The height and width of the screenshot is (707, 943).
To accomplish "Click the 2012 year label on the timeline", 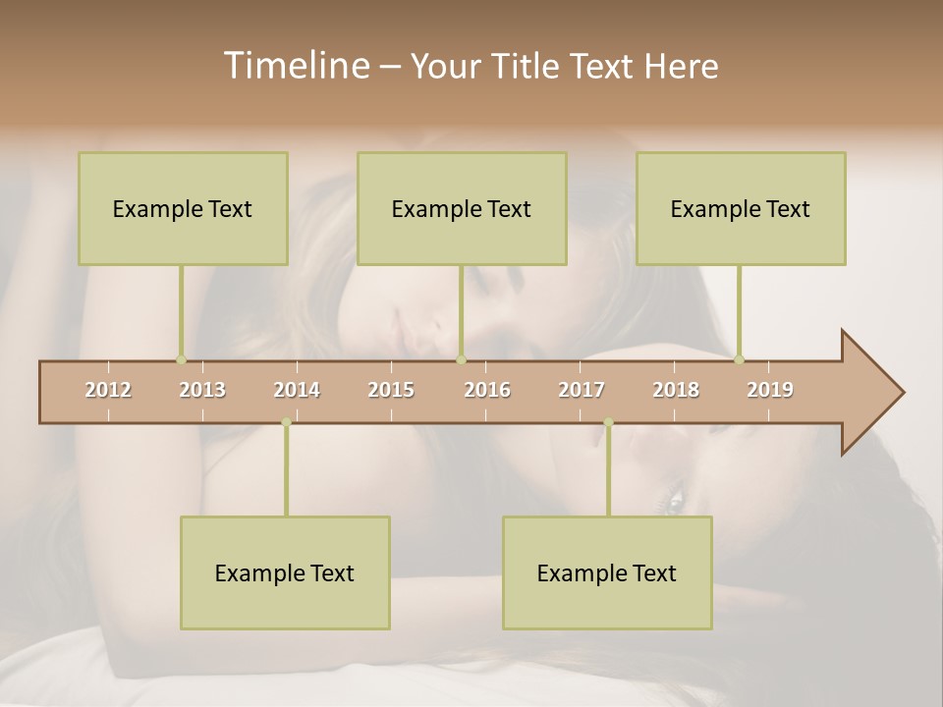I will tap(108, 390).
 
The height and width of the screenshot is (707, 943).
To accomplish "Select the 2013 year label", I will tap(202, 390).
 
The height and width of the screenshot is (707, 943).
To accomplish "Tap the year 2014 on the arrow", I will tap(297, 390).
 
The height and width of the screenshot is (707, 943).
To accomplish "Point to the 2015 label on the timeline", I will tap(391, 390).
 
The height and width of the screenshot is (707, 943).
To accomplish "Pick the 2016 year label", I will tap(487, 390).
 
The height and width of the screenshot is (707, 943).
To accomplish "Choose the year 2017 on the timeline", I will tap(582, 390).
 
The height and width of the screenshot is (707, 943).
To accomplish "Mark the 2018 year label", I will tap(676, 390).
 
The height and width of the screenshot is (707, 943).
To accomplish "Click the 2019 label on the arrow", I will tap(770, 390).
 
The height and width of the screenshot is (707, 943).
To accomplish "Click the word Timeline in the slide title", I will tap(295, 66).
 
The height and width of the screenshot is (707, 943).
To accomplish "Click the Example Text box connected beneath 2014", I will tap(285, 572).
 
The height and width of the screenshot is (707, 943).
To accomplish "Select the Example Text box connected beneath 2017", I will tap(607, 572).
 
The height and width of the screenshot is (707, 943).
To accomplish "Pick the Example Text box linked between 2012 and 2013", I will tap(183, 208).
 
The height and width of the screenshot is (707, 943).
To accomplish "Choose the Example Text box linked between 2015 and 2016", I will tap(462, 208).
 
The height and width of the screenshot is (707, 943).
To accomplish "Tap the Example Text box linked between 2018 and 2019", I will tap(741, 208).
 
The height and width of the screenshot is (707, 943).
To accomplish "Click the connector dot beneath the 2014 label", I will tap(286, 422).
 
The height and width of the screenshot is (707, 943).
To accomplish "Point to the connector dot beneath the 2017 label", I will tap(608, 422).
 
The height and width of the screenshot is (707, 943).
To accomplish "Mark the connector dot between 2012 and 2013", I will tap(181, 359).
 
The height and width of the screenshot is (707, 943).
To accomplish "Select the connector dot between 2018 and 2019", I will tap(739, 359).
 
